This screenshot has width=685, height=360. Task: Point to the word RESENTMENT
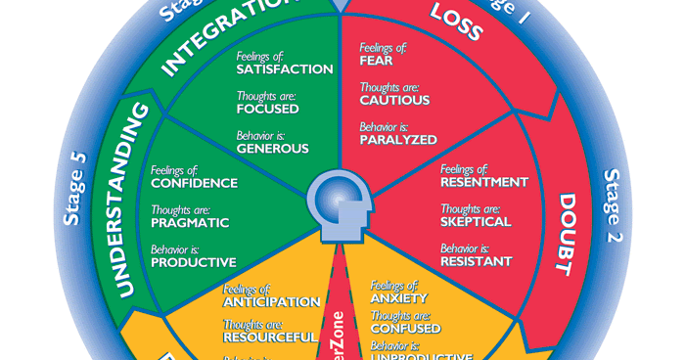pos(484,182)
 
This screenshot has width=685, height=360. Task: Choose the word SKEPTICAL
pos(476,222)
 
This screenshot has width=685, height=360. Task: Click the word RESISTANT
pos(477,262)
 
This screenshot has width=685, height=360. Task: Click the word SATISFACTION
pos(284,69)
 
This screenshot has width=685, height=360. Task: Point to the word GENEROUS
pos(272,150)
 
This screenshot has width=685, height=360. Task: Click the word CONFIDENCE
pos(194,183)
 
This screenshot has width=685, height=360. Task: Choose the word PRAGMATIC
pos(190,222)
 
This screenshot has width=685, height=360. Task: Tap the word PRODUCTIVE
pos(193,262)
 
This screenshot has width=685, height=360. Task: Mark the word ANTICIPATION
pos(271,301)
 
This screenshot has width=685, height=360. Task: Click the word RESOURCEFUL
pos(270,337)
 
